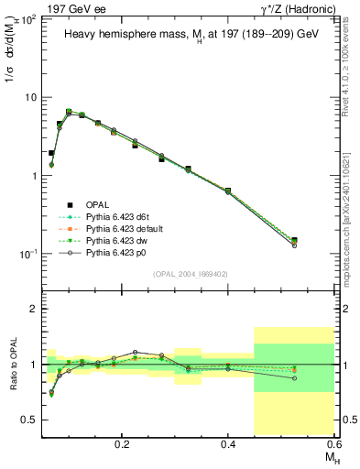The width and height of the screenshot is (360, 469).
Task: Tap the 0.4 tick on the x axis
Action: [228, 442]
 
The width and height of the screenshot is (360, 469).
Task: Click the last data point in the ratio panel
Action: [294, 378]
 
